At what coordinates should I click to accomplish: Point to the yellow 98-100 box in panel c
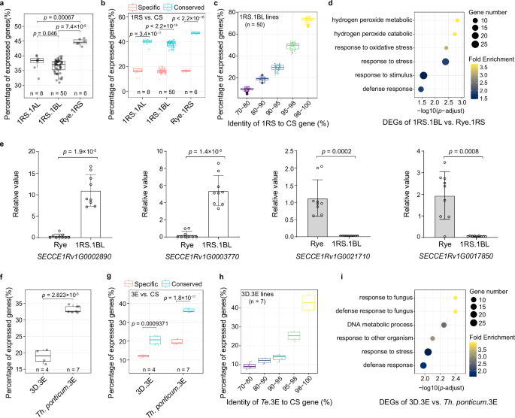tap(306, 23)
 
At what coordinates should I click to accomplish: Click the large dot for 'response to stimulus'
tap(423, 75)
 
